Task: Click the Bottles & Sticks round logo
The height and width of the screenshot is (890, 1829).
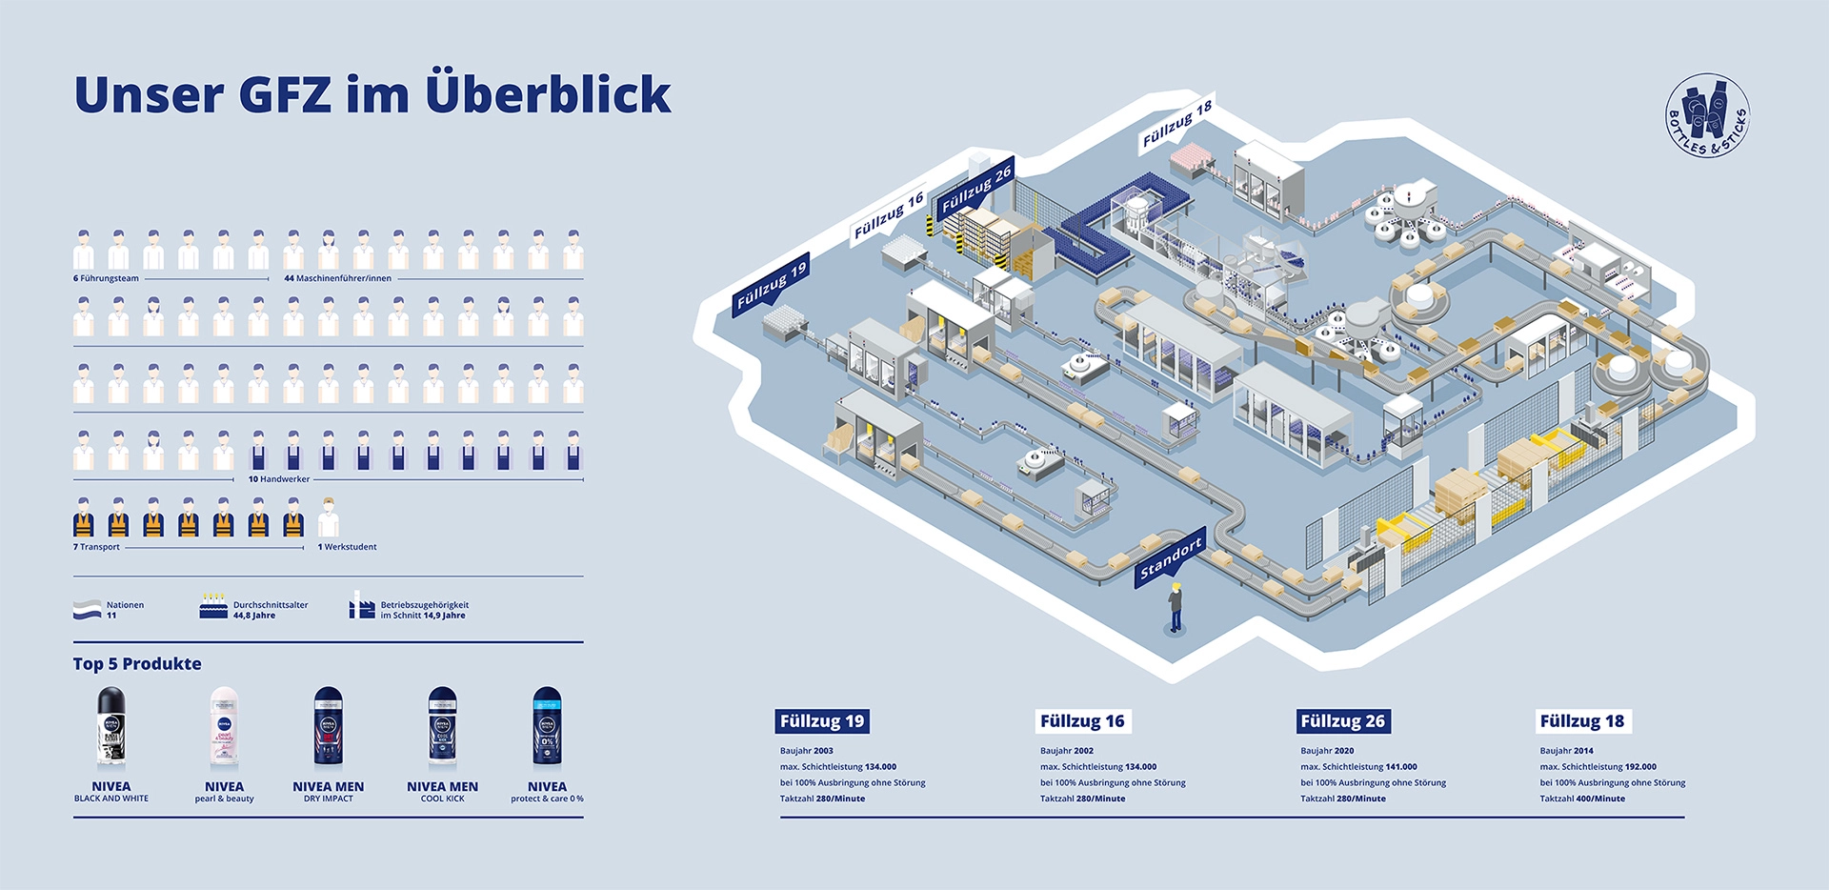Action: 1707,115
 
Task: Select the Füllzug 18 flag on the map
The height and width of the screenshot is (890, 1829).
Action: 1176,125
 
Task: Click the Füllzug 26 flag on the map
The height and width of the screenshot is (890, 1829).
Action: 975,190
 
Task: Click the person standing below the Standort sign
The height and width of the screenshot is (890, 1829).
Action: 1176,608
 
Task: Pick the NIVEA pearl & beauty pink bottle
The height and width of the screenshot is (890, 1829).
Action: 224,728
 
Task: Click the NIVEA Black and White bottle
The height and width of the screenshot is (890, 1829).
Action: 111,728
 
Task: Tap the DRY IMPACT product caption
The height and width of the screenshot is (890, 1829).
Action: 328,799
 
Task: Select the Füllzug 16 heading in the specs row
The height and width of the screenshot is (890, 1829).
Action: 1082,721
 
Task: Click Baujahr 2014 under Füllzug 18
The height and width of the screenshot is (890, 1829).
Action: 1566,751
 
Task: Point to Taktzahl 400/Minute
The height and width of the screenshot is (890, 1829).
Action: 1582,799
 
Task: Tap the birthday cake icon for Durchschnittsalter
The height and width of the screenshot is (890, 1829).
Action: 213,607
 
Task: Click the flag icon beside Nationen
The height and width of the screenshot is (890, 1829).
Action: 88,610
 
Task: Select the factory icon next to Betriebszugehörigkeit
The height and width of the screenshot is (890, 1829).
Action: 361,606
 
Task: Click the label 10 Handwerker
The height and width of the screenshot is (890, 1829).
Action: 278,479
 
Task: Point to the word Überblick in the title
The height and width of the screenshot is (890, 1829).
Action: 548,94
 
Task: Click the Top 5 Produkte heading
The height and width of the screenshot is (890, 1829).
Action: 137,664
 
